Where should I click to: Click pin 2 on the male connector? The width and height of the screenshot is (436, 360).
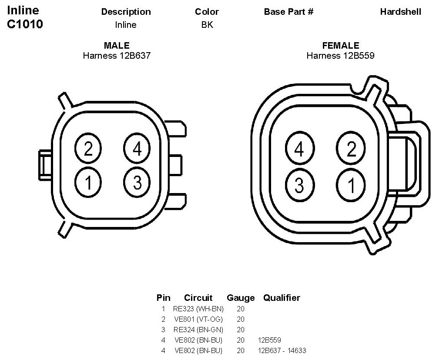click(88, 148)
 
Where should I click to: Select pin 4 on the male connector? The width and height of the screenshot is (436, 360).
click(137, 148)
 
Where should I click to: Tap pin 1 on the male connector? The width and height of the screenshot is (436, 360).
click(88, 183)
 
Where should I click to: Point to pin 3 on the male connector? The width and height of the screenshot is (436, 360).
click(137, 183)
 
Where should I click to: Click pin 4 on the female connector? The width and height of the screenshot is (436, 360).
click(300, 149)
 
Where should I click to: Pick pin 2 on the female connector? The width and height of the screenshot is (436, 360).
click(351, 149)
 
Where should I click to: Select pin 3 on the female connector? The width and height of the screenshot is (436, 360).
click(300, 185)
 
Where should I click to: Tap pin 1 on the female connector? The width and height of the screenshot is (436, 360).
click(351, 185)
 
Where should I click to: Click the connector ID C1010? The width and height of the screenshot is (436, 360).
click(25, 24)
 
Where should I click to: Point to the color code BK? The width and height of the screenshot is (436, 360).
click(207, 25)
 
